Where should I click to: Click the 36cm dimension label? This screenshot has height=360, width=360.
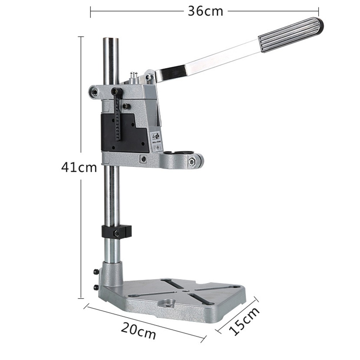click(x=205, y=11)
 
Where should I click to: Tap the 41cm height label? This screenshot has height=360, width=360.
click(x=79, y=167)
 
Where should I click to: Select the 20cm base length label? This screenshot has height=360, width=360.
click(x=138, y=331)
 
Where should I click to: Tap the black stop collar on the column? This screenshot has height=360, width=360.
click(x=117, y=232)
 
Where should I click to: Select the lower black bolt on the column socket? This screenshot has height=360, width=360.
click(x=96, y=287)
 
